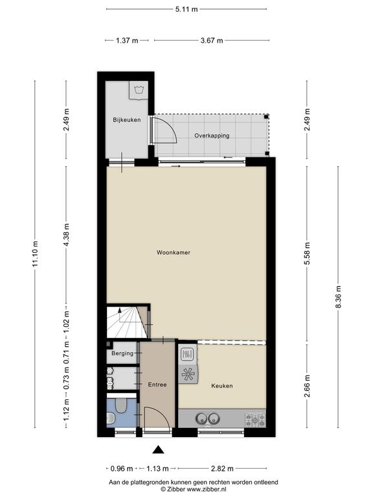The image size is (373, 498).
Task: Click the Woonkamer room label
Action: [174, 252]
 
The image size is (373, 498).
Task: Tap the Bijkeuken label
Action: [126, 120]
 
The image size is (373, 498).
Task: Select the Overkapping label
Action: [212, 136]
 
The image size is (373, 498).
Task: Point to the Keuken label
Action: [222, 386]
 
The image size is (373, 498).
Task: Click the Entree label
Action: [157, 385]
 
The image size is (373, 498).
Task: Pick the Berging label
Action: [122, 353]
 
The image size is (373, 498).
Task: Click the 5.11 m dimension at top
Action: [186, 9]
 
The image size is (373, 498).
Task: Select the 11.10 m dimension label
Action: [35, 254]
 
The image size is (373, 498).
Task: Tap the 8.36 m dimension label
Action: [339, 296]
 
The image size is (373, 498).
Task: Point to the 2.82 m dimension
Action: [222, 468]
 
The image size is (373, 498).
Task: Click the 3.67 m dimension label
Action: [212, 40]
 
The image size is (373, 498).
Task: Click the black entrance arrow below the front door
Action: [157, 449]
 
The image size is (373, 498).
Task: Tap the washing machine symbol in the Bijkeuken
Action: [139, 90]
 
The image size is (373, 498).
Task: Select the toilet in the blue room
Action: [121, 405]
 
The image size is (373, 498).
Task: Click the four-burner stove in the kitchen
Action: [255, 420]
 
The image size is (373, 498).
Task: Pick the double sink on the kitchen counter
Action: [208, 418]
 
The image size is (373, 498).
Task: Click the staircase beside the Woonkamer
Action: [127, 322]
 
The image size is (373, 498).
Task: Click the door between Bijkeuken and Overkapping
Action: [164, 130]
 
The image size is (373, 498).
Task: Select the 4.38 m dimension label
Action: [66, 234]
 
